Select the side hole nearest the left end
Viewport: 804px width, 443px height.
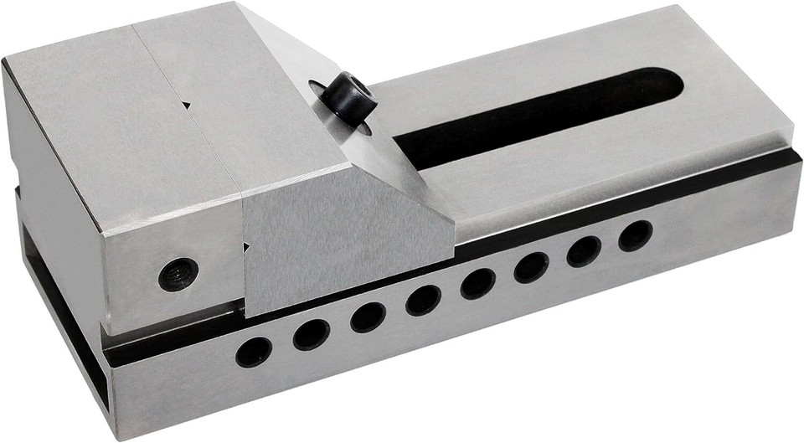(253, 352)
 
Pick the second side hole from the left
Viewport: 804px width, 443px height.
(311, 334)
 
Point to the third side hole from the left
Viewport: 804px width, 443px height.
(368, 317)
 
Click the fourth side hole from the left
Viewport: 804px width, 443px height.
(423, 299)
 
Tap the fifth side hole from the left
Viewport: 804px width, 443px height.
(477, 283)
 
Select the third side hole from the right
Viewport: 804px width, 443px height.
(531, 267)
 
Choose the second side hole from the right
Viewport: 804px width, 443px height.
(584, 251)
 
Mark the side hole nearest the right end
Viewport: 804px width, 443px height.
(636, 235)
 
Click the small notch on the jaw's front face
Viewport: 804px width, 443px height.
(246, 246)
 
